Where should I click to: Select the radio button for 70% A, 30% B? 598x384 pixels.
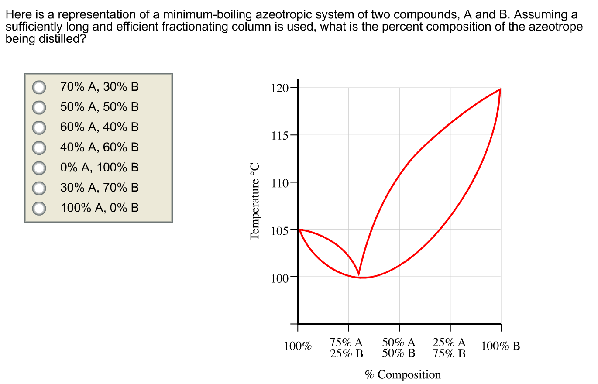click(39, 87)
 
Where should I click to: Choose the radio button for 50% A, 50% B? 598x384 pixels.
click(39, 107)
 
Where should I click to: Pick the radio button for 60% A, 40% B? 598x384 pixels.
click(39, 127)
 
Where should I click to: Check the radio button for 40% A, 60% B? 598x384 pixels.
click(39, 147)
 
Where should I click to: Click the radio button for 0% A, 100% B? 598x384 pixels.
click(39, 168)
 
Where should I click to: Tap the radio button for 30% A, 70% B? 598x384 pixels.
click(39, 188)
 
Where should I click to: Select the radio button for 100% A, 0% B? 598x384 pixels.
click(39, 208)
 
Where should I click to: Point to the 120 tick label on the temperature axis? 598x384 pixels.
click(279, 88)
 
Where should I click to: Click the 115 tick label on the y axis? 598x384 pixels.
click(279, 135)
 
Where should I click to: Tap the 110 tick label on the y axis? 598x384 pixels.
click(279, 182)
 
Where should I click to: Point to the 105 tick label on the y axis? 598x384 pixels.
click(279, 230)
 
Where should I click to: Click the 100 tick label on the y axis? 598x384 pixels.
click(279, 277)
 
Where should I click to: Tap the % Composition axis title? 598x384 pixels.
click(402, 375)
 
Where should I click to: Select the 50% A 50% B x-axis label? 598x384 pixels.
click(399, 348)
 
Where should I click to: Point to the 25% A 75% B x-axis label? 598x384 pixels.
click(450, 348)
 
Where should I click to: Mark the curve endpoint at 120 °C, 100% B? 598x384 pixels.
click(500, 89)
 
